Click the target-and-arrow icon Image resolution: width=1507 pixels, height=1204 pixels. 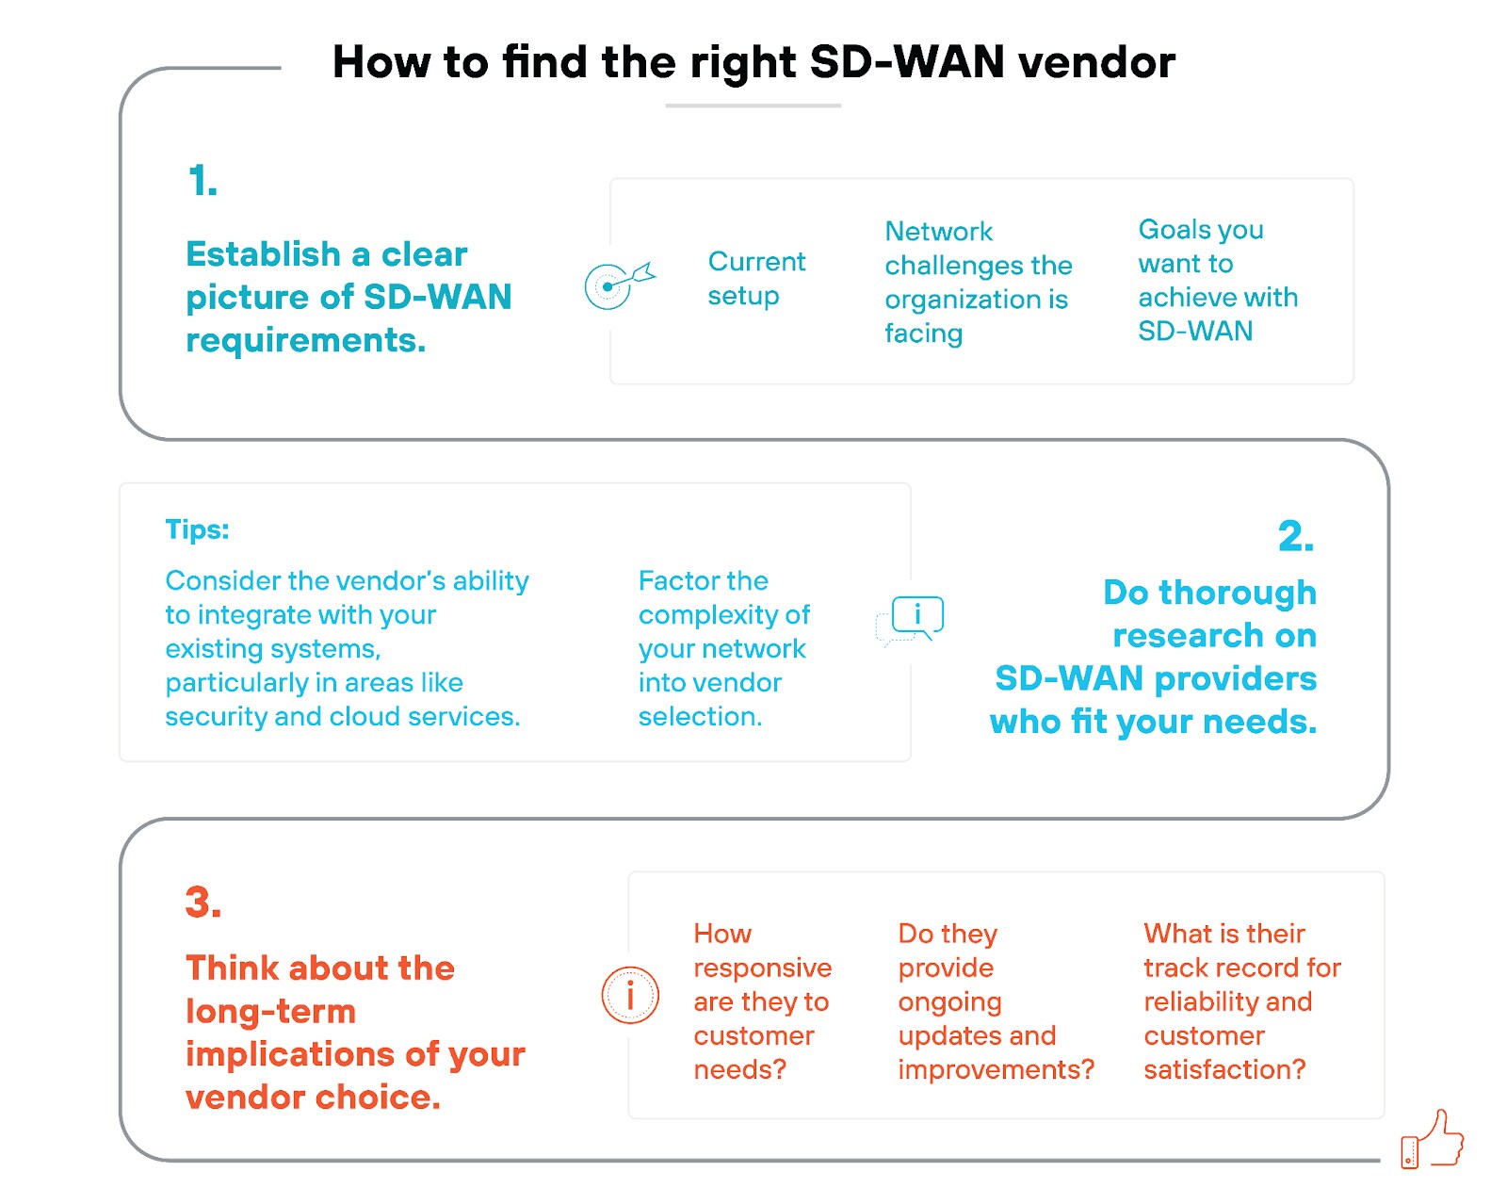click(617, 284)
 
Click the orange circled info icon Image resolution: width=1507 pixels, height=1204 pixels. click(630, 995)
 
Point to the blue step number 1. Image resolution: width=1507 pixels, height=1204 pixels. click(203, 181)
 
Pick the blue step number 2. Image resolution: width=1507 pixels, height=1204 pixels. click(1295, 536)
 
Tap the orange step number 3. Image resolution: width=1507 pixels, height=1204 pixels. click(203, 902)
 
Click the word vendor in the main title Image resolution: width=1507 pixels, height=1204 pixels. click(1097, 62)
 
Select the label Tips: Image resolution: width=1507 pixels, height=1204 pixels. click(197, 529)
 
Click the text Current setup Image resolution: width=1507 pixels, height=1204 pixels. click(756, 278)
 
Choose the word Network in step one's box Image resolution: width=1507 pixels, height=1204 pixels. click(938, 232)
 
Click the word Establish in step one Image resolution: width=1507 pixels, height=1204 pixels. click(263, 254)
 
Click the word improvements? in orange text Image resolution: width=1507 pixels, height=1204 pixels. click(996, 1069)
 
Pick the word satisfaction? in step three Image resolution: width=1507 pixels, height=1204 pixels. click(1224, 1069)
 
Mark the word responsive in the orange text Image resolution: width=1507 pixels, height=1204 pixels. click(762, 968)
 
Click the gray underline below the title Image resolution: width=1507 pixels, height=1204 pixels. click(753, 106)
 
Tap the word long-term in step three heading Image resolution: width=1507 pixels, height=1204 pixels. click(270, 1011)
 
